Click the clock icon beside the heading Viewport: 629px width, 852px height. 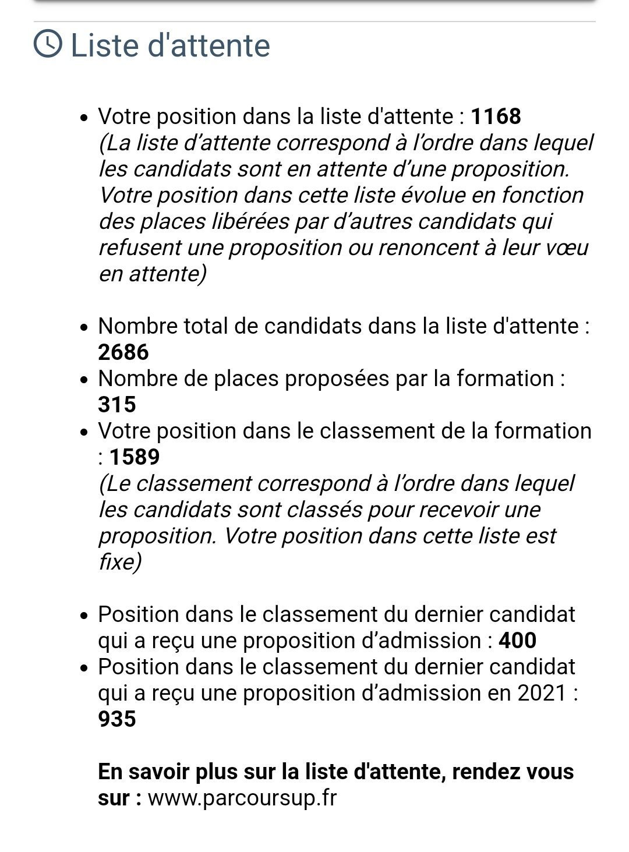[x=48, y=44]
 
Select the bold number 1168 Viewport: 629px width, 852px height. [x=496, y=116]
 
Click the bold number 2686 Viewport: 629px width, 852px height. [x=123, y=352]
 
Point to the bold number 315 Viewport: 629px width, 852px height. [x=117, y=405]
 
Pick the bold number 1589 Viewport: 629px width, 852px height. [x=135, y=457]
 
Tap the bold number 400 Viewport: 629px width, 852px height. [x=518, y=641]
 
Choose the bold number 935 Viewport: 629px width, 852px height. [x=117, y=719]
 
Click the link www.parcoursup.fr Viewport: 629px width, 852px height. [x=242, y=798]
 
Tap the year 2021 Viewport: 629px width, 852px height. [x=541, y=693]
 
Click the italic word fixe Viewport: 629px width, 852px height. [x=119, y=562]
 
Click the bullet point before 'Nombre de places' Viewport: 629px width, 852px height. [x=85, y=380]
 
